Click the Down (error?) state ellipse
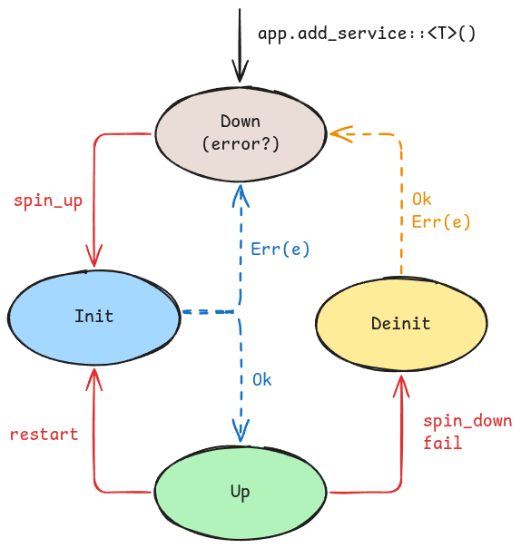pos(241,134)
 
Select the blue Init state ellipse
pos(93,318)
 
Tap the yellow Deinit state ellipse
pos(401,324)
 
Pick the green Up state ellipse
pos(241,492)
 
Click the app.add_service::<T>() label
pos(367,34)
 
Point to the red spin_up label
pos(48,201)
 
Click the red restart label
pos(44,435)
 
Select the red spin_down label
pos(467,421)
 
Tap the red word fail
pos(443,443)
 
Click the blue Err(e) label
pos(280,250)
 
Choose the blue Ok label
pos(262,379)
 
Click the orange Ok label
pos(422,200)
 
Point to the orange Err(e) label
pos(441,222)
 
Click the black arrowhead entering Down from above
pos(240,72)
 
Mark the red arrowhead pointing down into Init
pos(94,256)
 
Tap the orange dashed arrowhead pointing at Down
pos(341,134)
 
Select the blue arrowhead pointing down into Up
pos(241,431)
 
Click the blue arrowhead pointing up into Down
pos(241,196)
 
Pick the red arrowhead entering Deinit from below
pos(401,387)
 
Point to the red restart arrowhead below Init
pos(94,379)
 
